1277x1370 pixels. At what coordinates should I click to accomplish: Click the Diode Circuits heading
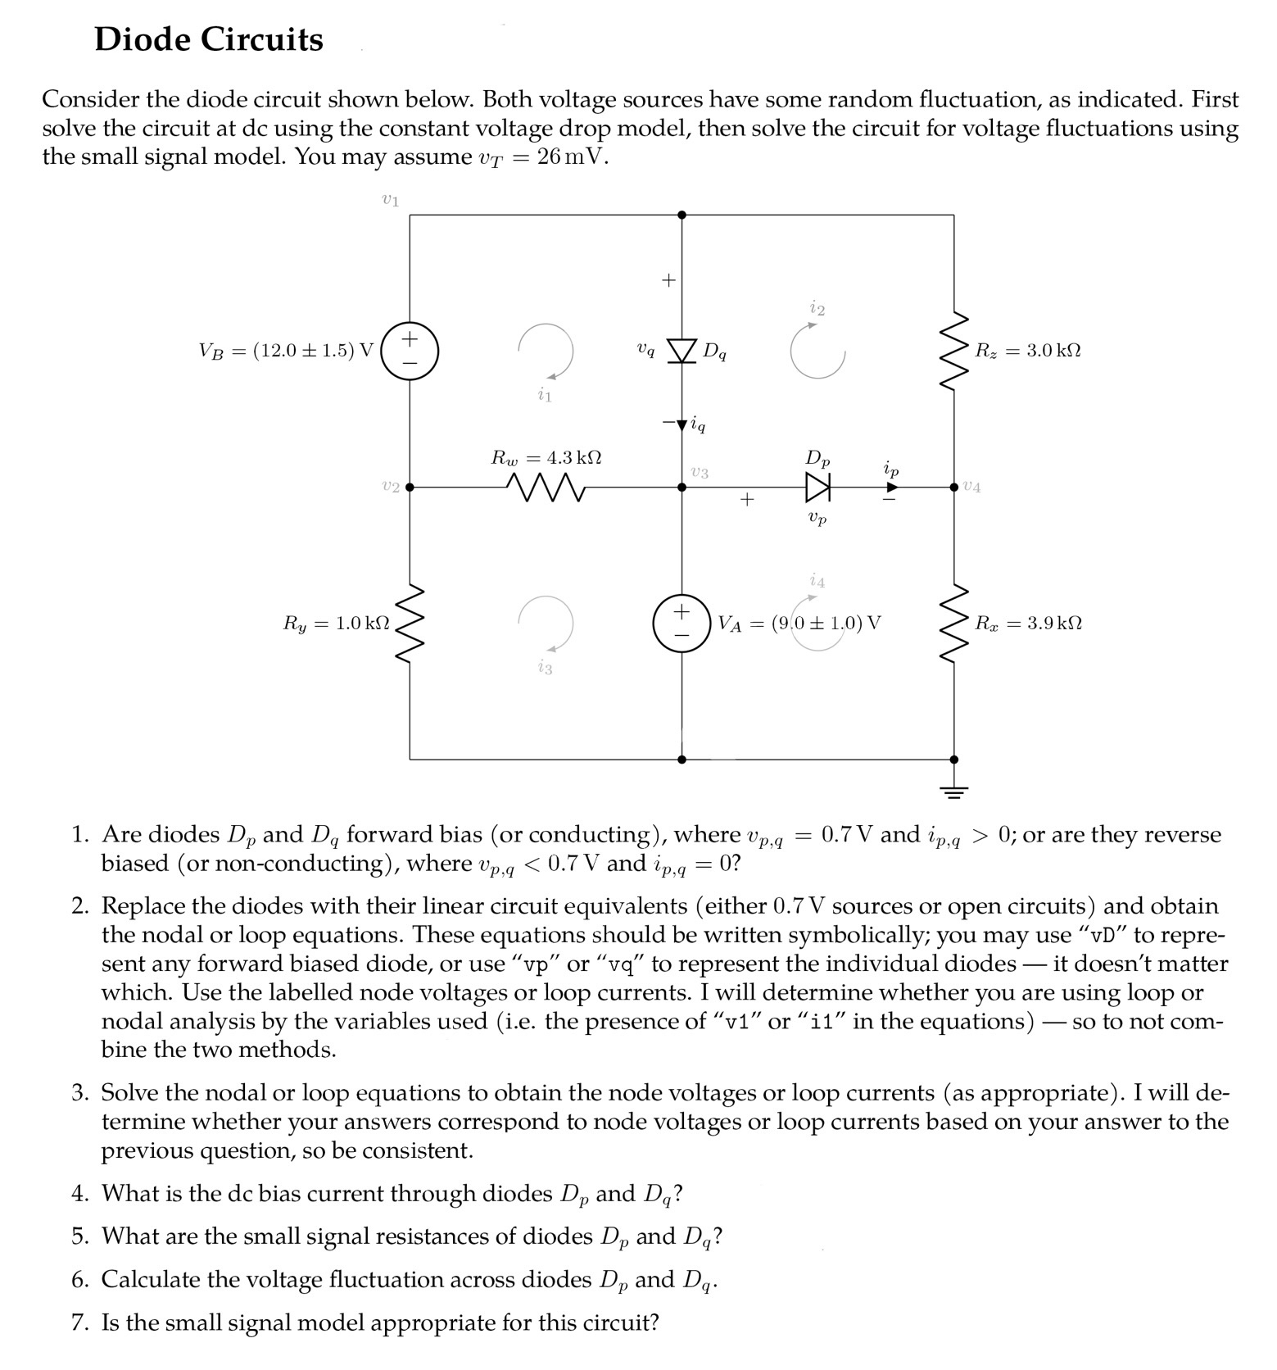(x=209, y=39)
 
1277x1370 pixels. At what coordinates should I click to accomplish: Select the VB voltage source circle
(x=410, y=351)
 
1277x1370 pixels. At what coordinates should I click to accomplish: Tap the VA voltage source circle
(x=682, y=624)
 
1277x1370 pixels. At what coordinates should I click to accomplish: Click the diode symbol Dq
(x=682, y=351)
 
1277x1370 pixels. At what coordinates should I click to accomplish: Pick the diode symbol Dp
(x=817, y=488)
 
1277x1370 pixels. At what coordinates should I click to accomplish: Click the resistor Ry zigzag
(x=410, y=624)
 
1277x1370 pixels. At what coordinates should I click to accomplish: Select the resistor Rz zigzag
(x=953, y=351)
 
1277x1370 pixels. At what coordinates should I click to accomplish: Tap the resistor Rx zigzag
(x=953, y=624)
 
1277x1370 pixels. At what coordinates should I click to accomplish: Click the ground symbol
(x=953, y=790)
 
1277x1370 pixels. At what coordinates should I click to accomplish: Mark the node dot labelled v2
(x=410, y=488)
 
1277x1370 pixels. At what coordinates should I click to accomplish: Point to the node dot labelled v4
(x=953, y=488)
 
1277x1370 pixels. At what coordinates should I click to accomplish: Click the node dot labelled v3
(x=682, y=488)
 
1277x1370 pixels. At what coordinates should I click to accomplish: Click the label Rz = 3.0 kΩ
(x=1027, y=351)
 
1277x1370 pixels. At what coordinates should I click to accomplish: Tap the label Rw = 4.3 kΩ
(x=546, y=457)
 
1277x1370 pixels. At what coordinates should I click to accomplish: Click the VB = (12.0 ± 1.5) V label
(x=286, y=351)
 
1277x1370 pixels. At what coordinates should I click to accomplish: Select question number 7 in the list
(x=79, y=1322)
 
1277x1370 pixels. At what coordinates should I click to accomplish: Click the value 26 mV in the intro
(x=572, y=157)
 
